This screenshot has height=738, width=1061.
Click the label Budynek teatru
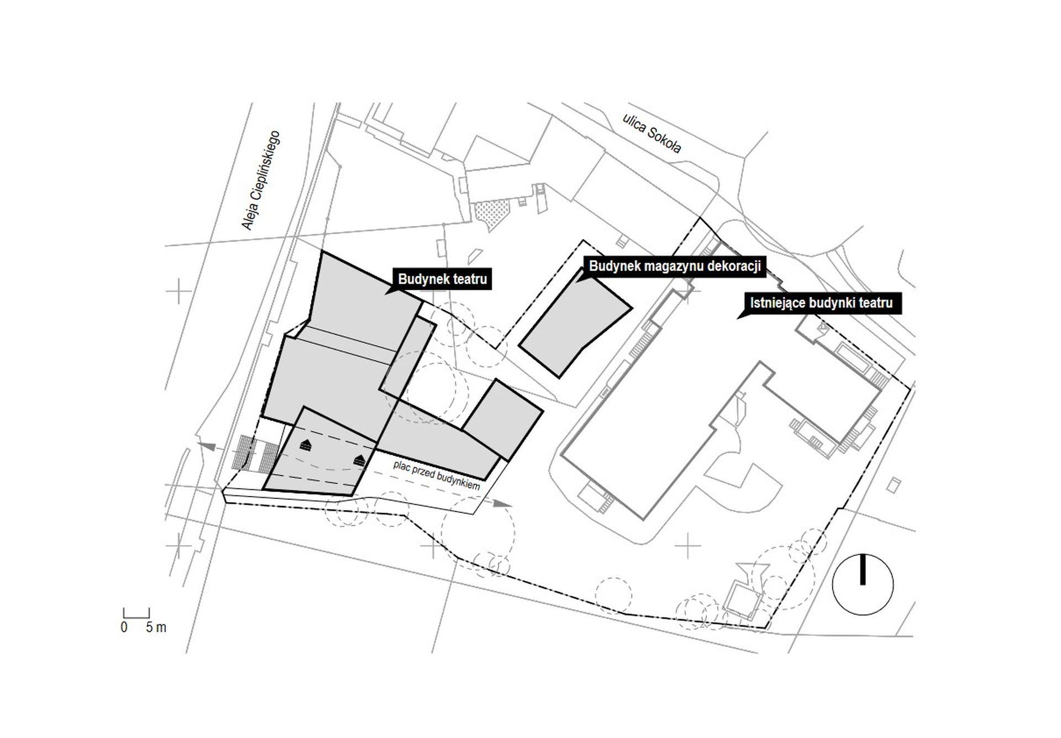tap(442, 279)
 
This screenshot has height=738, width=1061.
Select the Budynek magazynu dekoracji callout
tap(675, 266)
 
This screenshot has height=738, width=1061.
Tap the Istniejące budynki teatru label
tap(821, 303)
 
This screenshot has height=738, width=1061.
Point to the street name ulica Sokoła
tap(652, 134)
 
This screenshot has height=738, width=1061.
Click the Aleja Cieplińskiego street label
tap(261, 180)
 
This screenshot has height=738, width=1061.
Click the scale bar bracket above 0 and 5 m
tap(136, 613)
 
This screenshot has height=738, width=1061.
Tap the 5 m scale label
tap(156, 628)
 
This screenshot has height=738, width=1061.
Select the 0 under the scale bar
tap(124, 628)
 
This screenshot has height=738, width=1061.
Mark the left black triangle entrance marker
tap(306, 445)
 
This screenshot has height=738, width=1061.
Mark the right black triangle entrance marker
tap(360, 460)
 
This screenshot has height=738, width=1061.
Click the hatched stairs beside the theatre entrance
tap(255, 453)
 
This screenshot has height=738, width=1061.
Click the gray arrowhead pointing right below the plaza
tap(502, 503)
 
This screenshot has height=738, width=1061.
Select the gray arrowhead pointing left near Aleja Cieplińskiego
tap(207, 446)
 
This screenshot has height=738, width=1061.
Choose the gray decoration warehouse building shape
tap(575, 323)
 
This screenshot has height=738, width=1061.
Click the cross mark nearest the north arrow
tap(687, 546)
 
